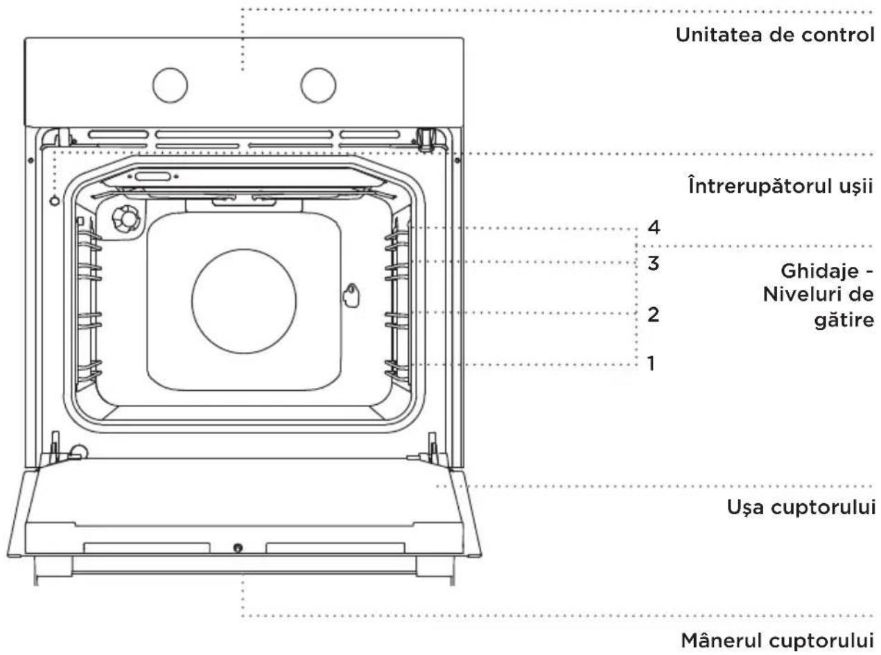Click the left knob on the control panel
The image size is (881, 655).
coord(170,85)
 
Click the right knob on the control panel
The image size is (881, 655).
coord(318,85)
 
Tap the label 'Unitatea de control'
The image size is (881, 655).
coord(775,35)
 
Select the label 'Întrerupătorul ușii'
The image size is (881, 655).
coord(780,186)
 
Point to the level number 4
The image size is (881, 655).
coord(654,227)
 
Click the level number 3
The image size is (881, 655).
coord(654,263)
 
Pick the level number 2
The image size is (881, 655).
coord(654,315)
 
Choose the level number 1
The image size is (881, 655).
coord(651,363)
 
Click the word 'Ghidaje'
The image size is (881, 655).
coord(819,272)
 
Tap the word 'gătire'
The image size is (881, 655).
coord(844,320)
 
